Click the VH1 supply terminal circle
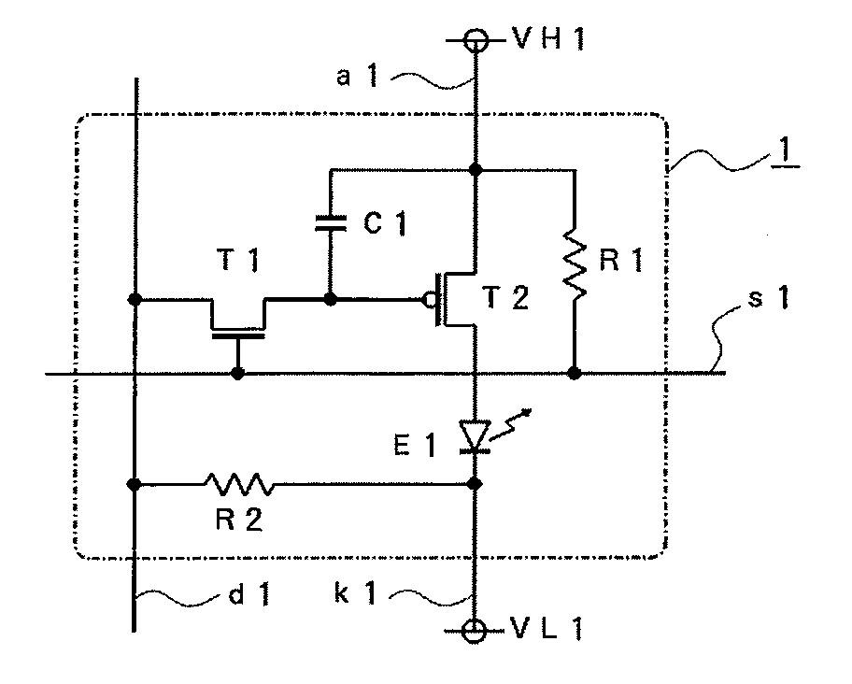click(x=476, y=39)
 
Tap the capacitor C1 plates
click(x=331, y=223)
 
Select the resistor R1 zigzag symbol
click(x=575, y=264)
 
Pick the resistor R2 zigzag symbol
click(x=239, y=483)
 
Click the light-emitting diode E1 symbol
click(x=475, y=435)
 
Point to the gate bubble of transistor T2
click(x=429, y=299)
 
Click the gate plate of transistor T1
click(x=238, y=336)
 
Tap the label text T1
click(x=238, y=260)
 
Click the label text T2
click(x=505, y=298)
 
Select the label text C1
click(x=385, y=222)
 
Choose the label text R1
click(x=621, y=260)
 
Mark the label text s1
click(x=768, y=298)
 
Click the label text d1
click(x=249, y=595)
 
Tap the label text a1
click(x=357, y=76)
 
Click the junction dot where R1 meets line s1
click(x=575, y=373)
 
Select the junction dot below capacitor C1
click(x=331, y=299)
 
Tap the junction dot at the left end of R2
click(x=135, y=483)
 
